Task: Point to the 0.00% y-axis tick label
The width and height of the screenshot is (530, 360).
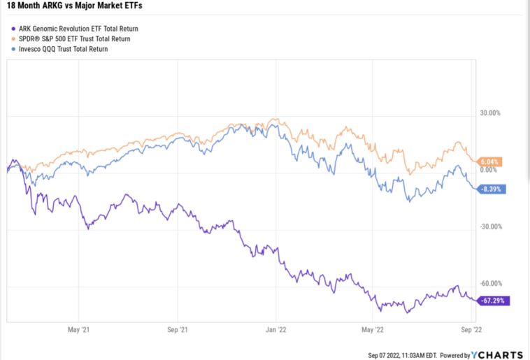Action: (488, 170)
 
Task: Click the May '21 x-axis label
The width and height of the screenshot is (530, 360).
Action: (76, 329)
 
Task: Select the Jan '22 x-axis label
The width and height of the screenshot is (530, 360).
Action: (277, 329)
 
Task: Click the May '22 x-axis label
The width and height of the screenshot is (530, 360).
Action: (373, 329)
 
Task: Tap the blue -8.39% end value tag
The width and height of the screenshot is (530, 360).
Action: (491, 189)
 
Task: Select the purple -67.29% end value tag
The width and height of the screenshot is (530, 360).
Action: (494, 301)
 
